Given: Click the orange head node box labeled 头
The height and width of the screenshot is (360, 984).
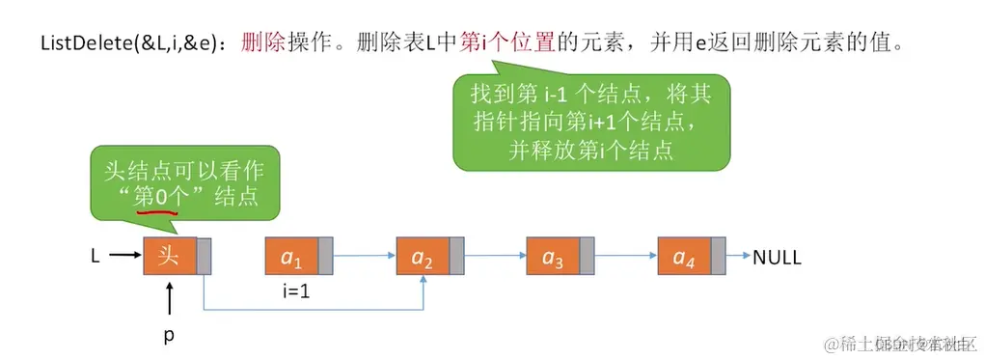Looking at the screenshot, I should click(x=170, y=257).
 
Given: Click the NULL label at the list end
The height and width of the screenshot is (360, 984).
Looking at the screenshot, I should click(x=777, y=258).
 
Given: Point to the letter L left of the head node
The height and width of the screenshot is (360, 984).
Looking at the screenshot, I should click(x=96, y=258).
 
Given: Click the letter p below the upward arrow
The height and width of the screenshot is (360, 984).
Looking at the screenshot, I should click(x=169, y=336).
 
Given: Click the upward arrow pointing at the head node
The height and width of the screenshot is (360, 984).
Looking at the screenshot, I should click(x=169, y=299).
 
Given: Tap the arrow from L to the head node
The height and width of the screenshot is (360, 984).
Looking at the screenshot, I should click(x=124, y=258).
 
